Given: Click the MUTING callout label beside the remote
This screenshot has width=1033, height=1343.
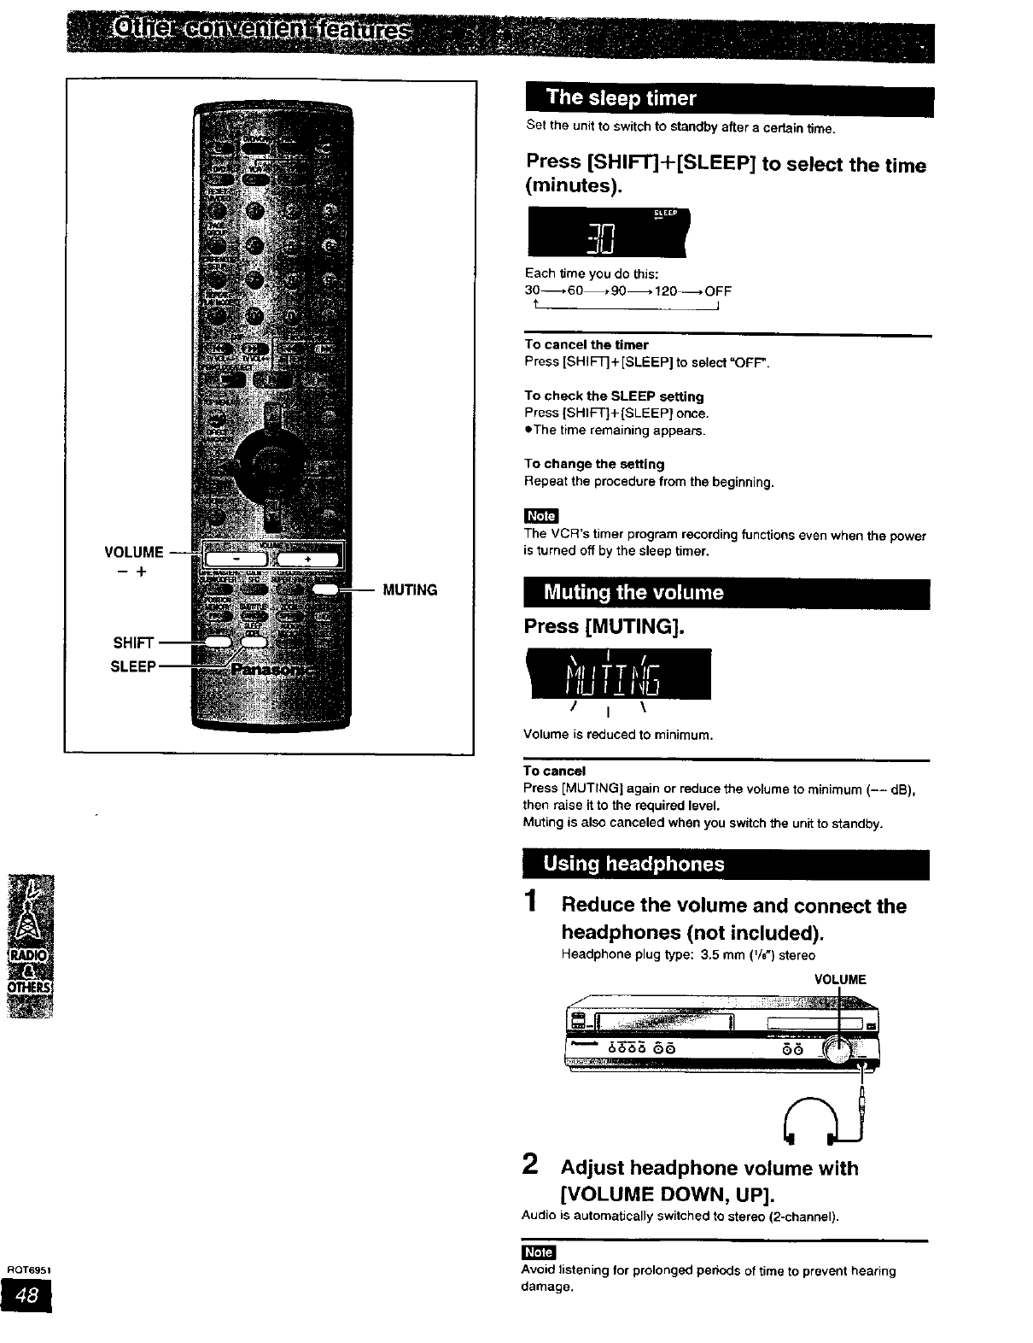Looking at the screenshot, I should point(410,589).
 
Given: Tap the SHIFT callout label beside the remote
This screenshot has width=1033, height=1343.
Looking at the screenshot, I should point(133,642).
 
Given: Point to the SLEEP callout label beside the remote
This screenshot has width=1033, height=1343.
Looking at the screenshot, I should point(133,666).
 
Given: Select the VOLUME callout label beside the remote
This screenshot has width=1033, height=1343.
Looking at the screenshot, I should point(133,552).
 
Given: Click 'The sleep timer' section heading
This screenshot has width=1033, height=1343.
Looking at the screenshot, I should point(622,97).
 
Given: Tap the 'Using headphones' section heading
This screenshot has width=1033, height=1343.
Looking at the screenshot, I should point(633,864).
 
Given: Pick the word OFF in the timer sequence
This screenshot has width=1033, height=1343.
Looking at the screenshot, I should point(718,290).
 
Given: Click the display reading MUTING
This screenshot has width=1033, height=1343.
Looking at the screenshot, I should point(619,674).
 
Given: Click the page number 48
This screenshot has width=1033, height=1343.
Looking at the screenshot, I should point(26,1296).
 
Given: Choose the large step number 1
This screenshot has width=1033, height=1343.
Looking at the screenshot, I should point(531,901).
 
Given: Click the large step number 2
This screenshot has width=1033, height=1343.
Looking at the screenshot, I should point(530,1164).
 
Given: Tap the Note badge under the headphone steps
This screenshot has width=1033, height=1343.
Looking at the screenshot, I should point(538,1252).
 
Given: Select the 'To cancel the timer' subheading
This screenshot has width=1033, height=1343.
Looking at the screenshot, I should point(587,344).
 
